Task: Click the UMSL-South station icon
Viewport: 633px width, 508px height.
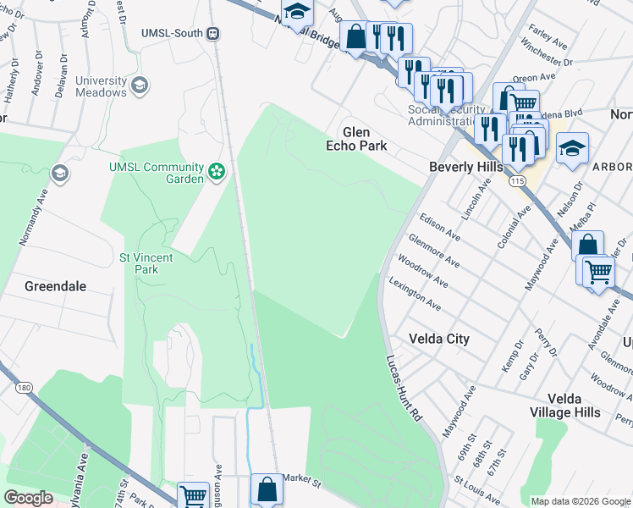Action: click(213, 33)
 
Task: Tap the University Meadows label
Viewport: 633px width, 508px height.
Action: click(101, 86)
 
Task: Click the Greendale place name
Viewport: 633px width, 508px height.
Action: click(56, 286)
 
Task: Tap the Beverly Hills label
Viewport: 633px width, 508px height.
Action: click(465, 167)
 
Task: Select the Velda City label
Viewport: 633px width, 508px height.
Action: click(438, 339)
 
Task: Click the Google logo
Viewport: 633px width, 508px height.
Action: click(29, 498)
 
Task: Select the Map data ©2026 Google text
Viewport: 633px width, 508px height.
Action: click(580, 501)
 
